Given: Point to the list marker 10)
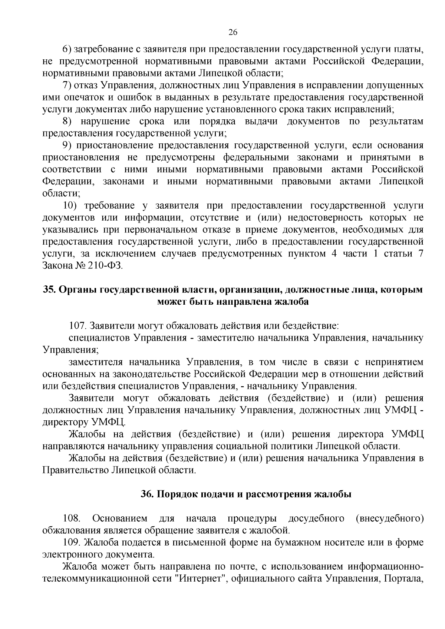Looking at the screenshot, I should (x=70, y=206).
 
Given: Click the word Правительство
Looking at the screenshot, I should (x=75, y=471).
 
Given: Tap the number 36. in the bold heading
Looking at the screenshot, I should (x=148, y=494).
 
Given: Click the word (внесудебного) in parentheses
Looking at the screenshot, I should (x=389, y=518).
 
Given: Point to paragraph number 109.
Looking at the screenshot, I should (x=71, y=542).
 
